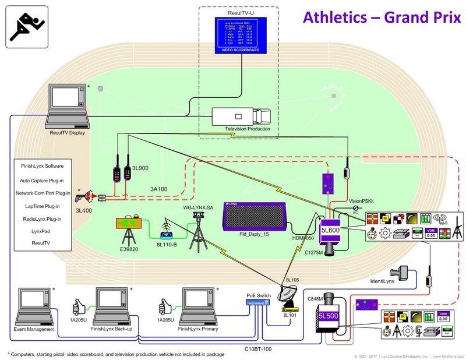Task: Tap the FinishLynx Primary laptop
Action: (199, 307)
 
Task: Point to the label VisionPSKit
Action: (363, 200)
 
